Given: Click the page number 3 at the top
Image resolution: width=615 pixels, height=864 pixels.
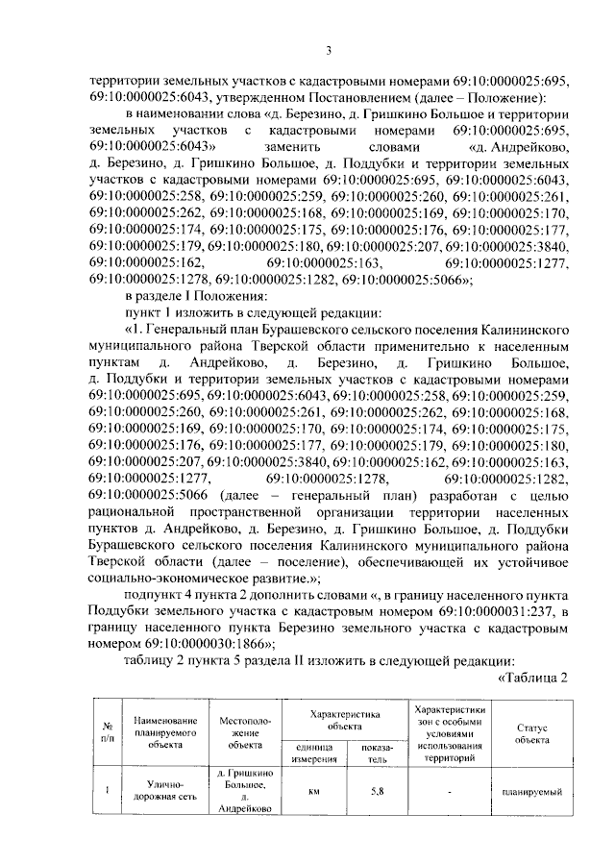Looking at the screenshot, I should click(x=328, y=51).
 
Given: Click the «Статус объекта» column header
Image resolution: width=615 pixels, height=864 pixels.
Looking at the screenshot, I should click(x=530, y=734).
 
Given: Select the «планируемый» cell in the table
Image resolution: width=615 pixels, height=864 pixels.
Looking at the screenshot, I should click(x=530, y=792).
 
